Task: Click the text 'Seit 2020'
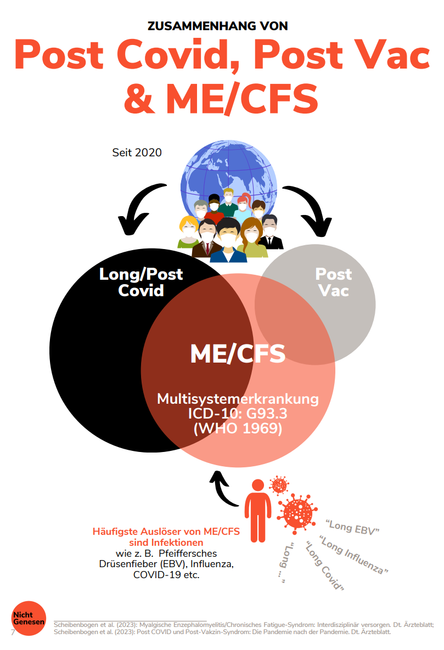(137, 152)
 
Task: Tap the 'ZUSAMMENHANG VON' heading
(218, 26)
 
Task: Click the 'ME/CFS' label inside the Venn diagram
(238, 354)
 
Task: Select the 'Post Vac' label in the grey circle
(333, 282)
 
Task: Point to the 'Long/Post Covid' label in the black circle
(141, 282)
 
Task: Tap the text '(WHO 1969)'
(238, 428)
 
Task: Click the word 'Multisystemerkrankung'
(238, 399)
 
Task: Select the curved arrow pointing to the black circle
(143, 206)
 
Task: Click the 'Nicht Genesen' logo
(29, 618)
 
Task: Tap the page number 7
(13, 632)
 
